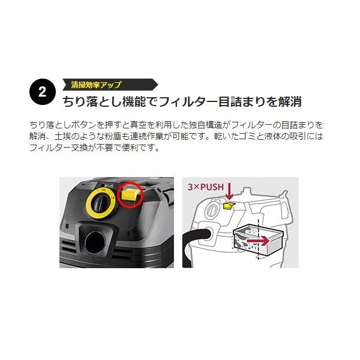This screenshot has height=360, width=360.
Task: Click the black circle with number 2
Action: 43,92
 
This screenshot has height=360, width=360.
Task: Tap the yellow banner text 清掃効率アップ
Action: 96,85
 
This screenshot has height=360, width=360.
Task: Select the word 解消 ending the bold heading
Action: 290,102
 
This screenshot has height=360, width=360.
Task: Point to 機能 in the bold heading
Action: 134,102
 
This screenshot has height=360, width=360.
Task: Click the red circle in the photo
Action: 130,194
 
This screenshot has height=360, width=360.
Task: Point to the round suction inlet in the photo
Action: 95,242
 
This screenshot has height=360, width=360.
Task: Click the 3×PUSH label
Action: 205,187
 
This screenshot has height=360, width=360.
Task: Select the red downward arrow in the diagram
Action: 229,191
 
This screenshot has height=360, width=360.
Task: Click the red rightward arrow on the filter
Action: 257,241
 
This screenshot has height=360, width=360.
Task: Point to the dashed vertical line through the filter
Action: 258,239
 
